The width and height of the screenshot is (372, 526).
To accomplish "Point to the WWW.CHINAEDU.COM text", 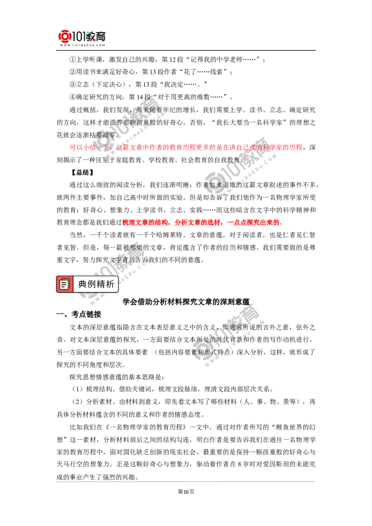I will click(82, 46).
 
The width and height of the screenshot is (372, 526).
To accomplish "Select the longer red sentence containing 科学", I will click(186, 147).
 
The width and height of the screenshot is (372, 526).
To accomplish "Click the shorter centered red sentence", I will click(200, 222).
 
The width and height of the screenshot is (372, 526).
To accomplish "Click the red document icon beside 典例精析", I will click(65, 284).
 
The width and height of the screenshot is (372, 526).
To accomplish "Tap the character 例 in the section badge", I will click(92, 284).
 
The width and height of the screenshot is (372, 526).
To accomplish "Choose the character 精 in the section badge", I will click(101, 284).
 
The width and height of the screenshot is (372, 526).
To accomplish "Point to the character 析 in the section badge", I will click(110, 284).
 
